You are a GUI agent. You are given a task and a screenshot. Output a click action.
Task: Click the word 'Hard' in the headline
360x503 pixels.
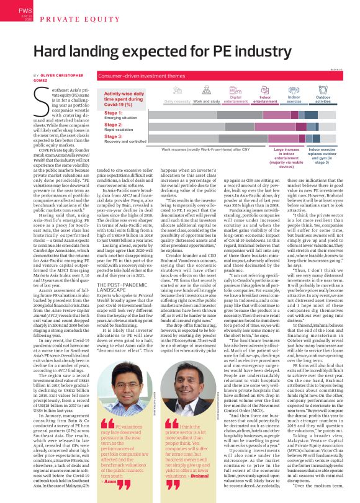coord(55,52)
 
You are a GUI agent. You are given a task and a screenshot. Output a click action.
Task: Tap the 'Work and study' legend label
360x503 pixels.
coord(206,100)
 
